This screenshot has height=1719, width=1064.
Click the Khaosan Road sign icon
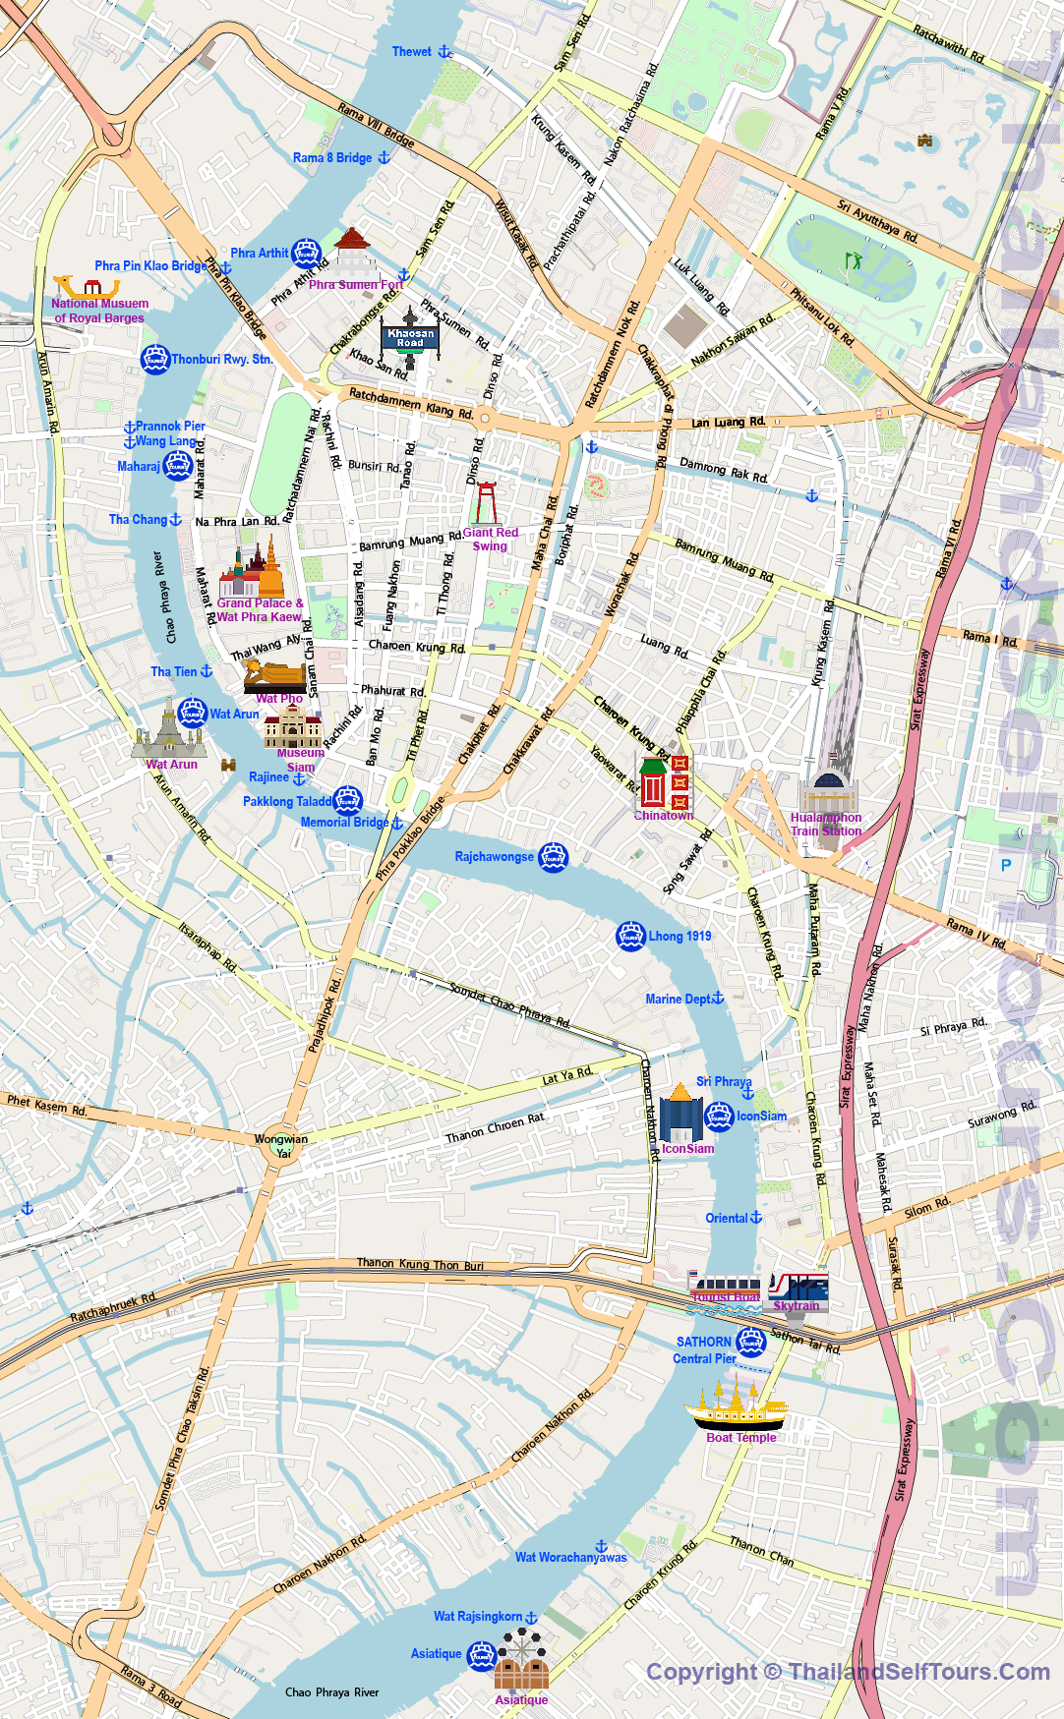410,337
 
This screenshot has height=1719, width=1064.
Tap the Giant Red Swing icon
485,502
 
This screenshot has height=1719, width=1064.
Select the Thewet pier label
412,52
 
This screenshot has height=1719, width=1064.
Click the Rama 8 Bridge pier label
332,157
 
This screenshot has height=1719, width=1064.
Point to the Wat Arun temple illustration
169,730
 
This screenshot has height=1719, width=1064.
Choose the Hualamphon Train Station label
826,824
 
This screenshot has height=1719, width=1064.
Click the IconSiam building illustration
680,1114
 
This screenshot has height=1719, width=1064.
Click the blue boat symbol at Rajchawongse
554,857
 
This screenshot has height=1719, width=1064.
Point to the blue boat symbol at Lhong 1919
630,937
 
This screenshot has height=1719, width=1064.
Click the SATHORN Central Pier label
704,1349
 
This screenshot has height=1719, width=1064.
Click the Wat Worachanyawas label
570,1557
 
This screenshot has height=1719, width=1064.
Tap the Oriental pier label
727,1218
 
